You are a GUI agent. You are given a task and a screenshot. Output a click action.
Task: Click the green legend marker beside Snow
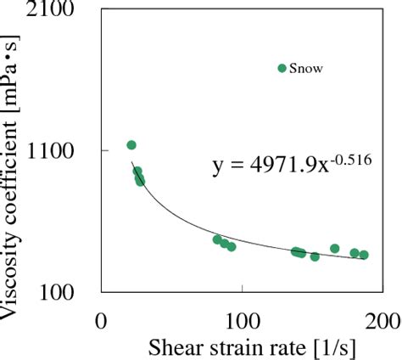(x=282, y=68)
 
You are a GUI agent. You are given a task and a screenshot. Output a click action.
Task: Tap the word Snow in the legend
(x=306, y=69)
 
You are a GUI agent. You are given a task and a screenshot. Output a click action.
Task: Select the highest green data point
(x=131, y=145)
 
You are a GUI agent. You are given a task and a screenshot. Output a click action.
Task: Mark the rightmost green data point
(x=364, y=255)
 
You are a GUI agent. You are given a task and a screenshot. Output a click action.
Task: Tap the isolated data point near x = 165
(x=335, y=249)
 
